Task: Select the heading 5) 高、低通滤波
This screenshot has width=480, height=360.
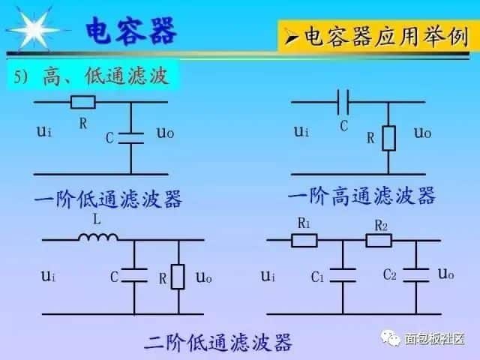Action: (x=88, y=76)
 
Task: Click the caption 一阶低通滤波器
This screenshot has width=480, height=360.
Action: (x=108, y=199)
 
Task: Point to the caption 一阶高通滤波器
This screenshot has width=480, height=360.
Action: (x=361, y=196)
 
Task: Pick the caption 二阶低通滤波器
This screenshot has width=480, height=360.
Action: (x=217, y=344)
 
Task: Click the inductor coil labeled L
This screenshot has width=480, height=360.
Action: (x=98, y=238)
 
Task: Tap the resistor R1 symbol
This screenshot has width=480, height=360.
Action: (x=304, y=241)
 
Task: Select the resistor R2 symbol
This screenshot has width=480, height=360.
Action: (x=378, y=241)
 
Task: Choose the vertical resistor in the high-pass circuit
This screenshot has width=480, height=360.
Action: (x=388, y=137)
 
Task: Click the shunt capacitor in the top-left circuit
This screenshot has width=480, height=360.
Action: (x=132, y=136)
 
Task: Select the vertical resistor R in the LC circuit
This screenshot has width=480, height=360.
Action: (x=178, y=277)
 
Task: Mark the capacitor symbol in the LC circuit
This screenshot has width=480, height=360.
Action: (x=134, y=277)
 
